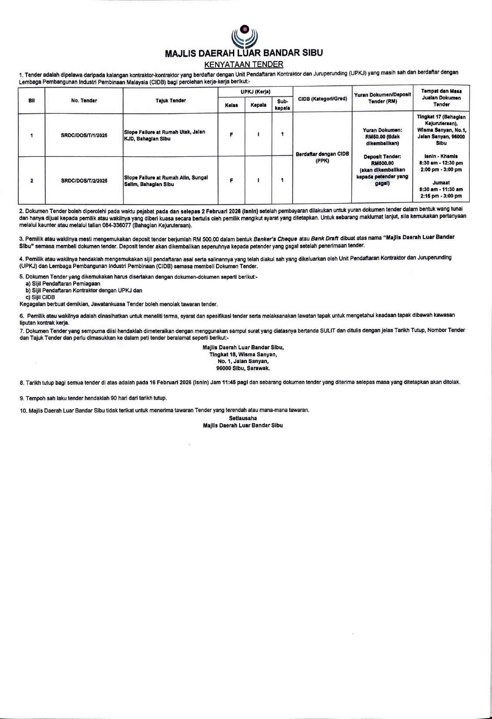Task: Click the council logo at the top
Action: (244, 37)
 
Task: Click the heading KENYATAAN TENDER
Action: (244, 64)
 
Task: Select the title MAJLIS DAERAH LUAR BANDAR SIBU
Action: (244, 53)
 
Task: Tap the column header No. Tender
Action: (84, 101)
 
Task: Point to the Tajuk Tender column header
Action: (171, 101)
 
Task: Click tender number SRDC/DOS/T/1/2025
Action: (84, 136)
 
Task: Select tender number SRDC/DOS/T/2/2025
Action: (84, 181)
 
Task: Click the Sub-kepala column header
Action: (282, 105)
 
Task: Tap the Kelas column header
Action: (231, 105)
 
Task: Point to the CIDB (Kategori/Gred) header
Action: (322, 98)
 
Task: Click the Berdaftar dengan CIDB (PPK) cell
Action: (322, 157)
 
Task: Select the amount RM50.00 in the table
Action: (376, 137)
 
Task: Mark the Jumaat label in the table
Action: (441, 183)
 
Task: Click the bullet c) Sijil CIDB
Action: (40, 297)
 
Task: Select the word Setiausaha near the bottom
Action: (243, 418)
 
